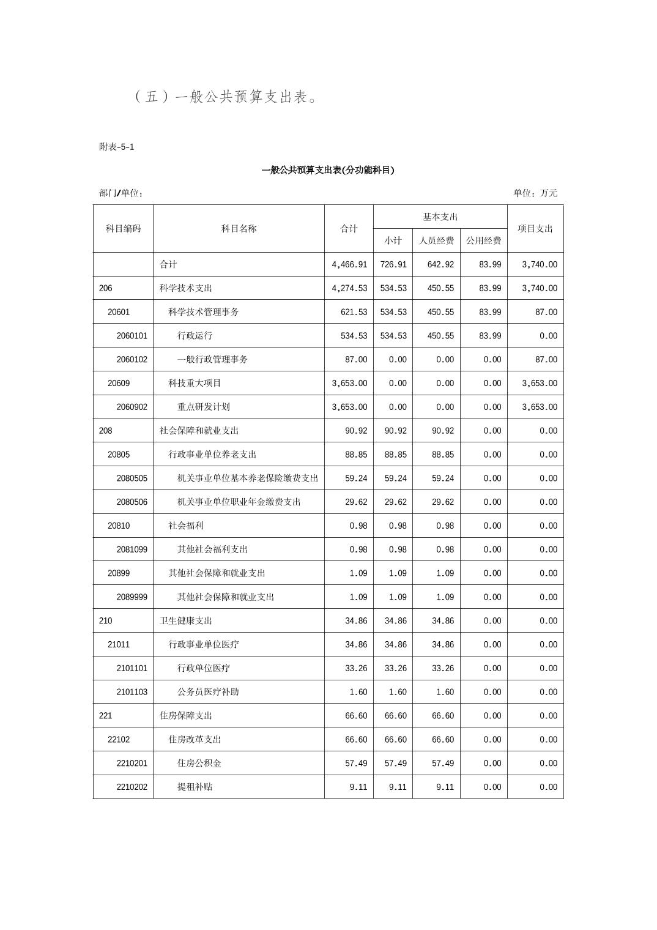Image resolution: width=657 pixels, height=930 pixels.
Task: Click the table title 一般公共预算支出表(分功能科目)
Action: coord(328,170)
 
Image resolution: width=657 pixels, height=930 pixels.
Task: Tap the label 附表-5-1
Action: coord(117,147)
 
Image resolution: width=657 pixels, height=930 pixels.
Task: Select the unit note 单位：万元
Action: coord(535,193)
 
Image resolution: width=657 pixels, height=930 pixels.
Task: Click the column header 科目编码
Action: coord(123,229)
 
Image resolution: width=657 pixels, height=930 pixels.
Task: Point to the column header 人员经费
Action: coord(436,241)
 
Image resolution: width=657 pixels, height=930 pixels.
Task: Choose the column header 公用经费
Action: coord(483,241)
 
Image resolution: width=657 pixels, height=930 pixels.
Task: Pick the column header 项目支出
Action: coord(535,229)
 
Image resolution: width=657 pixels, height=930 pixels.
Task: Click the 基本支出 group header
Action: coord(440,217)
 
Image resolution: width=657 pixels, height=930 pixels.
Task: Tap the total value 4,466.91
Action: coord(349,264)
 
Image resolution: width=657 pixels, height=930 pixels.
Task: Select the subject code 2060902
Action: coord(132,407)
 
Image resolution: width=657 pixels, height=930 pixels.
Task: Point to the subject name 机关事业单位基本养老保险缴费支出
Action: coord(248,478)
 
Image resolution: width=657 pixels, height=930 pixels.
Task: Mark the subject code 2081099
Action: coord(132,549)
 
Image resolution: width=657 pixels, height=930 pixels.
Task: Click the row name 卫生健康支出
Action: coord(186,621)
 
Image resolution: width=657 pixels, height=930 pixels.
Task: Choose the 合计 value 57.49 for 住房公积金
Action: coord(356,764)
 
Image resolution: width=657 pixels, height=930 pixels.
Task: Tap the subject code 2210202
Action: coord(132,787)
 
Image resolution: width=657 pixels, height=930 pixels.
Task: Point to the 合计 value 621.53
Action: coord(354,312)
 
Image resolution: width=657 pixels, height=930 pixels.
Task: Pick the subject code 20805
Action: coord(119,455)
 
